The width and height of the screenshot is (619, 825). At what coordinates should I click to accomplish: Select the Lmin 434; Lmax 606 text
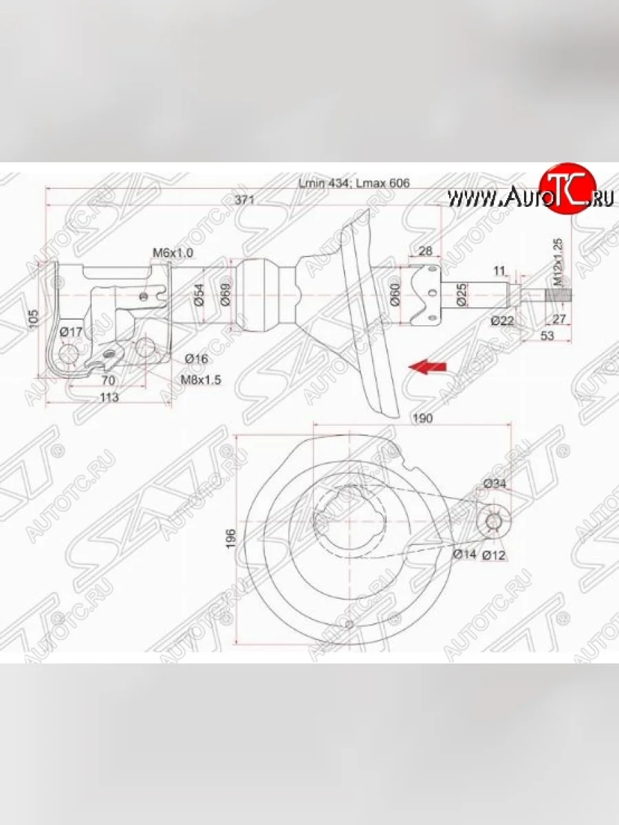(354, 184)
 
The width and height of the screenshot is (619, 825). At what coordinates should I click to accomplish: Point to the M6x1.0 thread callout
(173, 254)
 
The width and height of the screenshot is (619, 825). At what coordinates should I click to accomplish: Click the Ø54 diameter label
(198, 294)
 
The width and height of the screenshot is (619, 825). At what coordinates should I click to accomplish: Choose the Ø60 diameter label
(395, 294)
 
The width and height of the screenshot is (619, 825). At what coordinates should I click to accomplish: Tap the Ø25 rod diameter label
(461, 294)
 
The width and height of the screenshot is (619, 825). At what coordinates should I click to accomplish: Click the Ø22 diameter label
(503, 320)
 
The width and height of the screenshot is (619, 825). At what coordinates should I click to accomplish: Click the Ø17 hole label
(71, 332)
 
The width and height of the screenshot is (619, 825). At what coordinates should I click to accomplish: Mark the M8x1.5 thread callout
(201, 379)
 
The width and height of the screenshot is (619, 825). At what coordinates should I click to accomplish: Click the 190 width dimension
(420, 419)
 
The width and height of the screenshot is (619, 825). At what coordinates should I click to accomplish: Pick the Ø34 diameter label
(495, 484)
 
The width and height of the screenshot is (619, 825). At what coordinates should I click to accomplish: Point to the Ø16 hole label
(196, 358)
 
